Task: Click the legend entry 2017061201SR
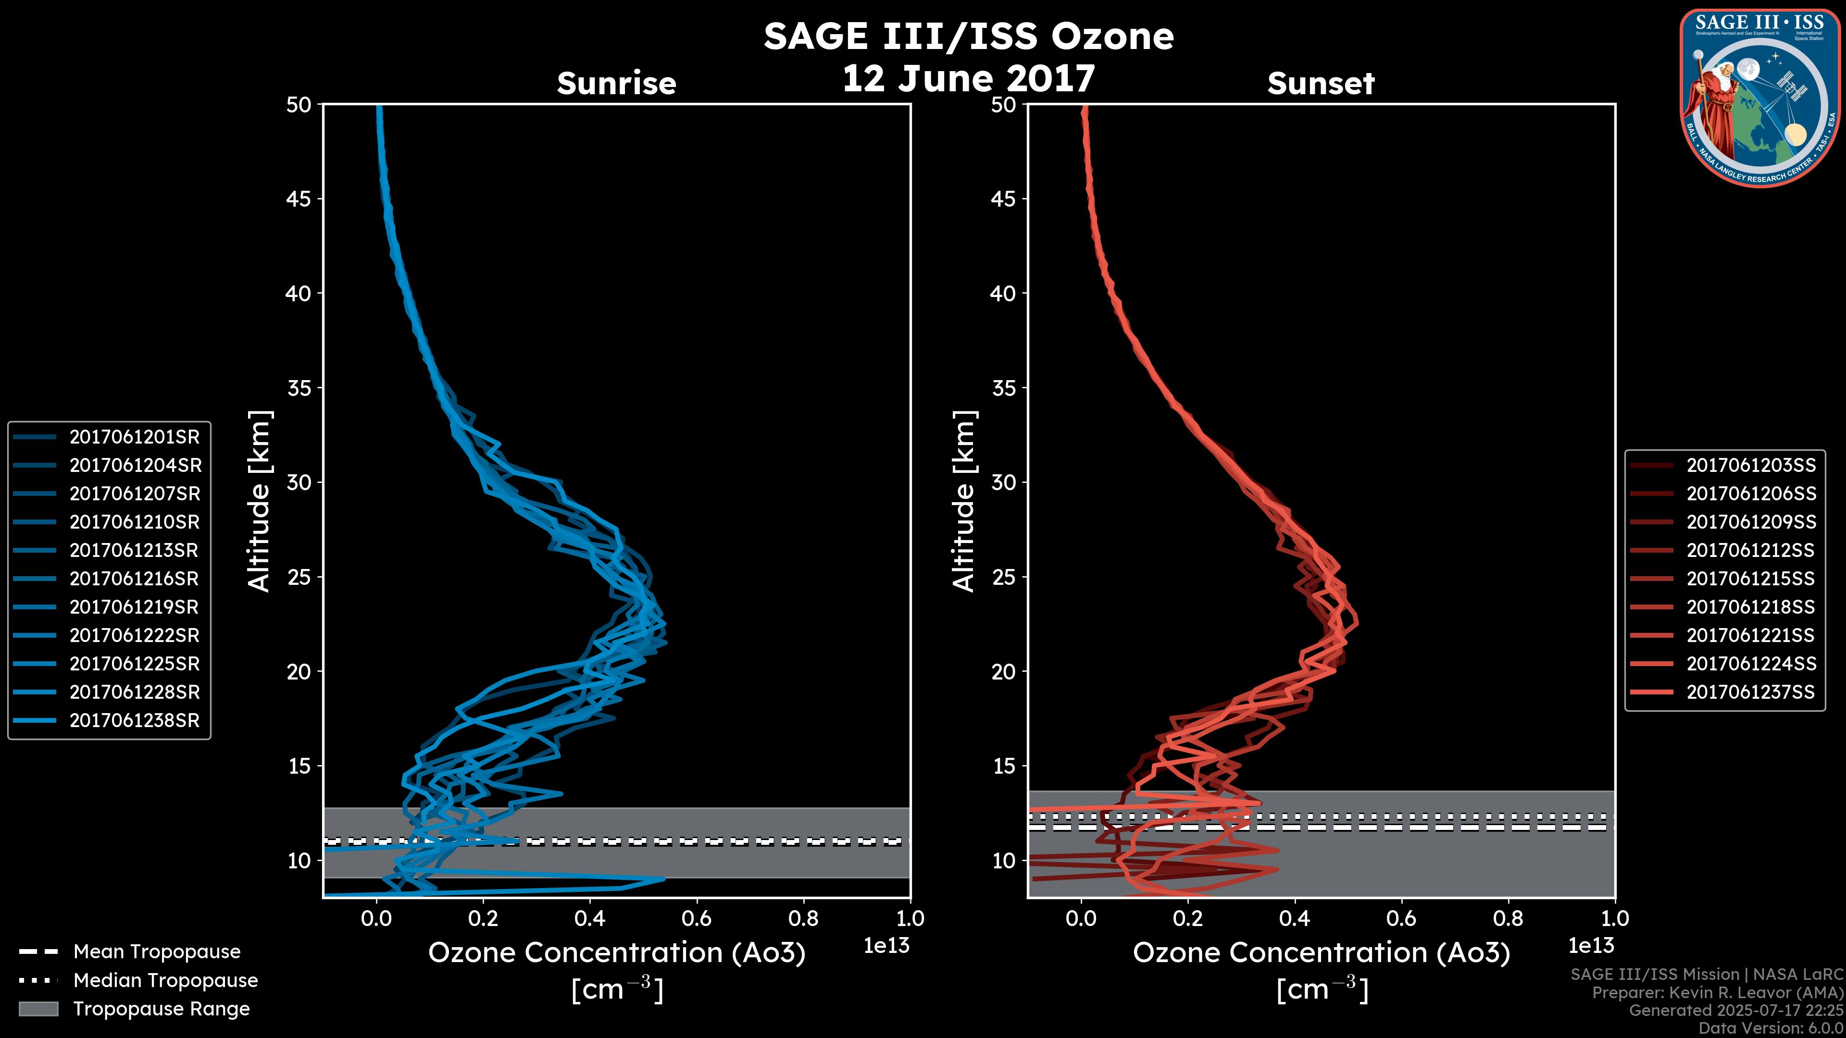[134, 437]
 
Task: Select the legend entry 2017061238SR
[134, 721]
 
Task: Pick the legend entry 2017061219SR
[134, 607]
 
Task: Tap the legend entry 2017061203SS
[1751, 466]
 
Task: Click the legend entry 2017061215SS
[1751, 579]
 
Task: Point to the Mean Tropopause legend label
[157, 952]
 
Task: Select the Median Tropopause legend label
[165, 981]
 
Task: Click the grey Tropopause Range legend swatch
[38, 1009]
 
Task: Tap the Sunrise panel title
[616, 84]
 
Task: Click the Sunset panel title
[1321, 84]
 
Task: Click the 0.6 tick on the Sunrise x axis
[697, 918]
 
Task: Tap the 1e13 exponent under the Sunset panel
[1591, 946]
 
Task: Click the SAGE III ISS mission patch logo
[1760, 98]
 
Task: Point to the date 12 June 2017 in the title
[968, 79]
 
